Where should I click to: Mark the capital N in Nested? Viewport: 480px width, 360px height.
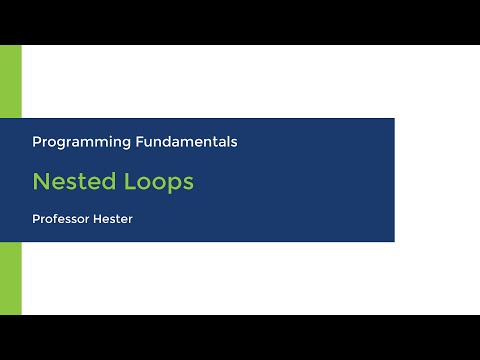click(40, 182)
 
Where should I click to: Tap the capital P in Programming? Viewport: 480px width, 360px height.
click(37, 142)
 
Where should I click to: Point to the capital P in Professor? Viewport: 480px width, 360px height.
click(36, 218)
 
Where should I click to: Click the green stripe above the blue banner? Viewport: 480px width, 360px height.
click(10, 80)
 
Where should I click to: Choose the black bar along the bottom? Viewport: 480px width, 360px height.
click(240, 337)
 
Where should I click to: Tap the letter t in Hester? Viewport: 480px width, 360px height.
click(121, 218)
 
